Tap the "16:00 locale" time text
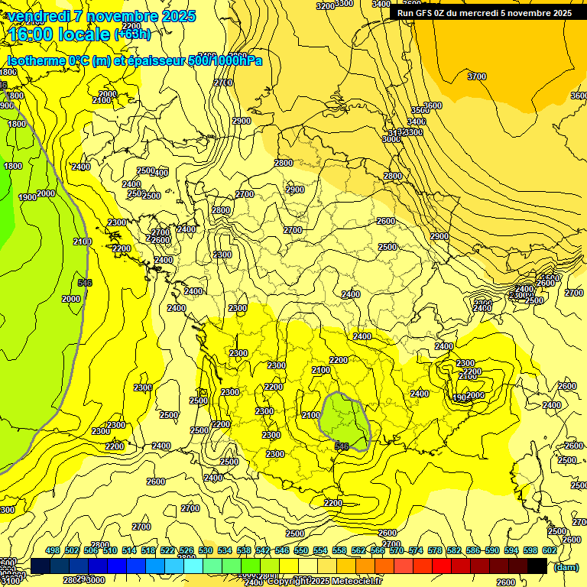click(x=58, y=34)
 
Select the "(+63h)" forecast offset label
click(x=132, y=34)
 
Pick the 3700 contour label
click(x=476, y=76)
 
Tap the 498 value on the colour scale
click(x=53, y=550)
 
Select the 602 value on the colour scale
click(x=549, y=550)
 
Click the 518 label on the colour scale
click(x=148, y=550)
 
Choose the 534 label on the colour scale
click(x=225, y=550)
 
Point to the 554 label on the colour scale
click(x=320, y=550)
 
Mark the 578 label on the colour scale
click(x=435, y=550)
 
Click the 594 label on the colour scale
click(x=511, y=550)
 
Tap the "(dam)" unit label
click(x=566, y=567)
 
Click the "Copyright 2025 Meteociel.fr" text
click(x=324, y=582)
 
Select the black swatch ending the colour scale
click(x=537, y=566)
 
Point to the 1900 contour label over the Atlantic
click(x=28, y=197)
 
